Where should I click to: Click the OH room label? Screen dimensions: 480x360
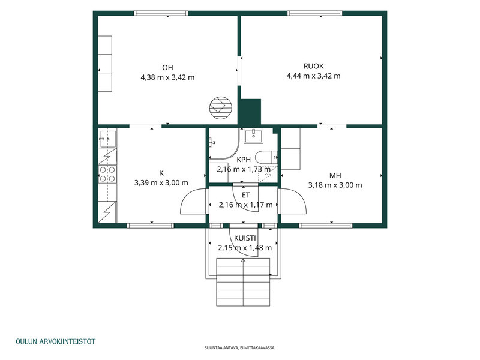167,67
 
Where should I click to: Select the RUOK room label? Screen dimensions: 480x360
313,66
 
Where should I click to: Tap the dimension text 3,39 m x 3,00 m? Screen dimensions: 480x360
161,183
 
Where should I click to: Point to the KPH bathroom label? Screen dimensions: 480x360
244,160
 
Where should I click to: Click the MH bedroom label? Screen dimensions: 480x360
335,175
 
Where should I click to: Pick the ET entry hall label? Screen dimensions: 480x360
246,195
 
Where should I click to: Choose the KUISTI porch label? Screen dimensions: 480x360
245,238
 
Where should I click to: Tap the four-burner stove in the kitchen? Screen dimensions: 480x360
107,174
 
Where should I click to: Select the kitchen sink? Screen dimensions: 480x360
107,139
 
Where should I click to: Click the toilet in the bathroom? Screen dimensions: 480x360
266,157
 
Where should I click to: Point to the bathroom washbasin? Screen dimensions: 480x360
253,136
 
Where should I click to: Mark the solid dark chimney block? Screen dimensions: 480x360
250,112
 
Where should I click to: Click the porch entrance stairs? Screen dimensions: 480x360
243,282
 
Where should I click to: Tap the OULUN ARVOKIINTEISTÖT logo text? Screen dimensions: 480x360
55,341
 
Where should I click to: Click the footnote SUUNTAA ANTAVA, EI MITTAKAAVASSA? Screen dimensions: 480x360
240,348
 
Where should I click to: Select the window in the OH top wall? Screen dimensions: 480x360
161,13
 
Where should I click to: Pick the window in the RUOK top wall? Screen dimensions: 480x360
314,13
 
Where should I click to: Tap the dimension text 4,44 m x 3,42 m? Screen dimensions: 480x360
313,76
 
